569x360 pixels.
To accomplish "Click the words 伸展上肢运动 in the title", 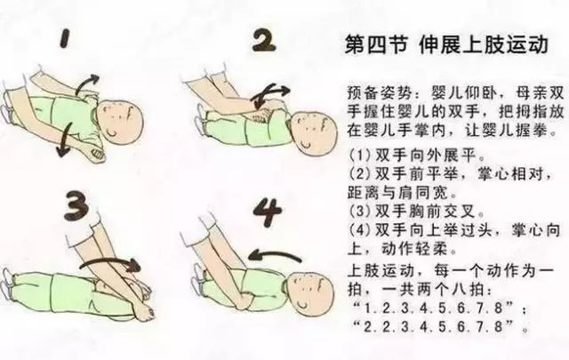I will click(x=471, y=45).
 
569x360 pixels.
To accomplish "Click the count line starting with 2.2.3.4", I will click(x=439, y=325).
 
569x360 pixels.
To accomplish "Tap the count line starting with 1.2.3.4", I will click(x=439, y=307).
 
